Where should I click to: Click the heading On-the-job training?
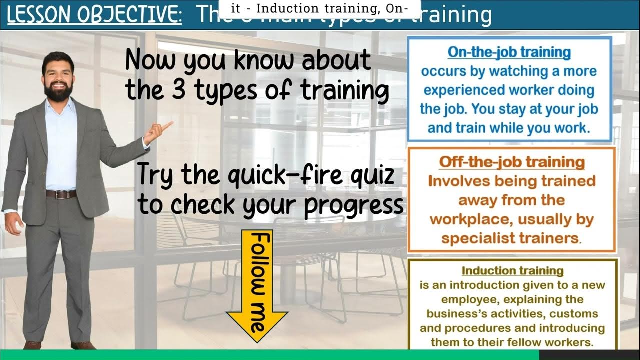[x=509, y=52]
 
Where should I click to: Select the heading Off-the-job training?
[x=511, y=162]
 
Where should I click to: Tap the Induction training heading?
[x=512, y=271]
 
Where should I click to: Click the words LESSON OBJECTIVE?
[x=94, y=16]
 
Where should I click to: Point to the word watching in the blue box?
[x=517, y=71]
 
